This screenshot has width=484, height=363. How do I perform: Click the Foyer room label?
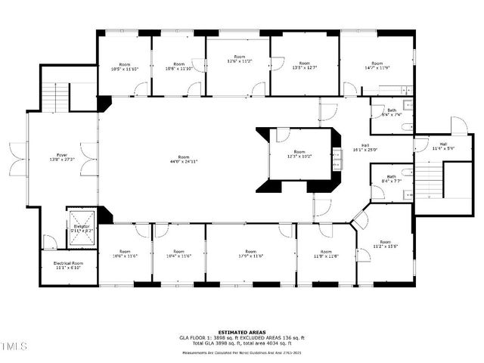(x=62, y=157)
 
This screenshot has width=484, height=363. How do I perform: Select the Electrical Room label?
(x=69, y=265)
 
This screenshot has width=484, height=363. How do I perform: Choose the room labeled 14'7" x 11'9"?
(x=377, y=67)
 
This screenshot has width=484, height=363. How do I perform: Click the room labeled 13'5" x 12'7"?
(x=304, y=66)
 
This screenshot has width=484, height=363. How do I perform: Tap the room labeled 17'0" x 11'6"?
(x=251, y=254)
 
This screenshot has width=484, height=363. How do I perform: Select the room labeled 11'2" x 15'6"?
(x=385, y=244)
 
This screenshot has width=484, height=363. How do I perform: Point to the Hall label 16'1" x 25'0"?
(x=365, y=147)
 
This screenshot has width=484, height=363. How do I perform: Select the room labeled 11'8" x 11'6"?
(x=326, y=254)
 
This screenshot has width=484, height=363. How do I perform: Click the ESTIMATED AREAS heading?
(x=241, y=332)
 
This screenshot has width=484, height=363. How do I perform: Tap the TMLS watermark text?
(x=14, y=346)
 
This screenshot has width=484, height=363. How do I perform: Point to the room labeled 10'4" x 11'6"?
(x=178, y=254)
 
